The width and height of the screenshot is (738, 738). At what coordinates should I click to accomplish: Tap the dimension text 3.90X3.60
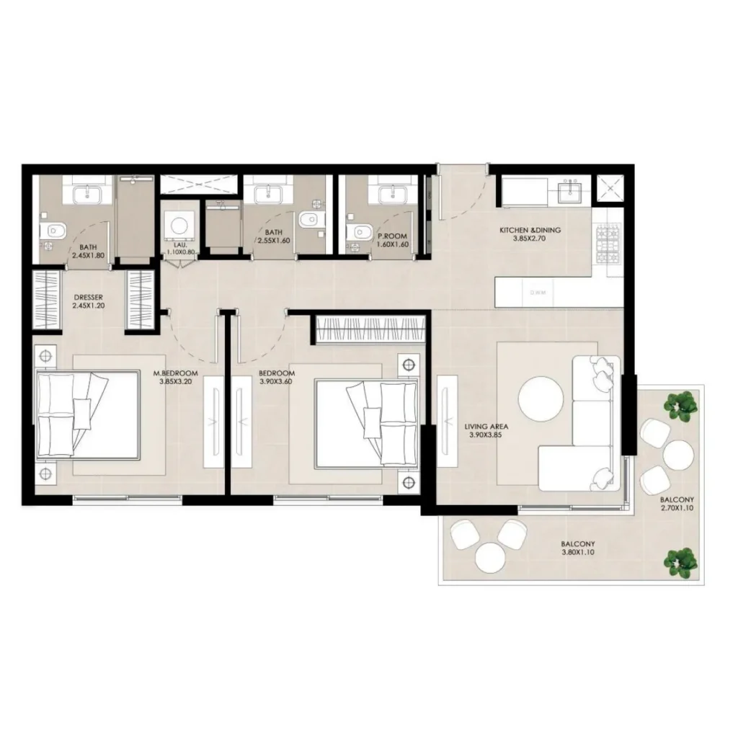click(x=277, y=382)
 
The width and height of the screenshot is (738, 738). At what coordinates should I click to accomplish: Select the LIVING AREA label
click(x=486, y=427)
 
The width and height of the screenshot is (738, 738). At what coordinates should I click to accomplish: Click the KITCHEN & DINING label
click(x=530, y=231)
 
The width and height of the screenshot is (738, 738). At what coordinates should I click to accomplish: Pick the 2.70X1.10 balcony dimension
click(x=677, y=508)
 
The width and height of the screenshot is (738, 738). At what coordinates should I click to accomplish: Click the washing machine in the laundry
click(x=177, y=224)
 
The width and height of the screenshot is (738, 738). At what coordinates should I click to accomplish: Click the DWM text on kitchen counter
click(x=537, y=293)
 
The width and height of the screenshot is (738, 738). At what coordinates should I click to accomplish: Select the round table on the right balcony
click(x=678, y=455)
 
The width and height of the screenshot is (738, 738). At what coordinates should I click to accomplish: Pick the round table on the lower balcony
click(x=489, y=556)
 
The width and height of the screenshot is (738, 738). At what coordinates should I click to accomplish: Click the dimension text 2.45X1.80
click(x=88, y=254)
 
